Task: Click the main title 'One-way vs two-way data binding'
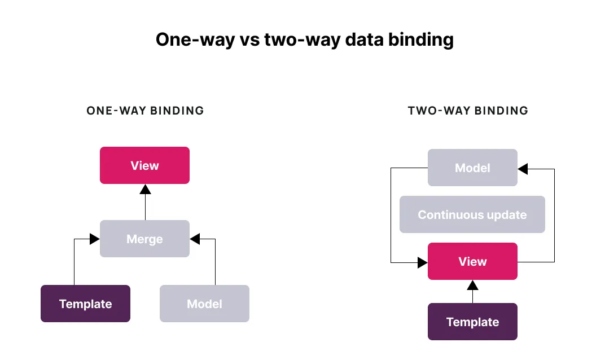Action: point(304,39)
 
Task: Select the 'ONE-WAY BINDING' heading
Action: point(145,111)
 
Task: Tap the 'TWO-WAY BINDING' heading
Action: point(468,111)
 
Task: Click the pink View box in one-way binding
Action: point(144,165)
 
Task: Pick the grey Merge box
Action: point(144,239)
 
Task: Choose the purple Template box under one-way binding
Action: point(85,303)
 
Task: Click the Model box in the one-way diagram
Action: point(204,303)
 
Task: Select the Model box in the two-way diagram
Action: point(473,168)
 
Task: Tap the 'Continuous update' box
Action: point(472,214)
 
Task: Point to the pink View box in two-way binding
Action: point(473,261)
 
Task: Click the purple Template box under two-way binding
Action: point(473,322)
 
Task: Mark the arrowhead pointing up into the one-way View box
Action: point(146,189)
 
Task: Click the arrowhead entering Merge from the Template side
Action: point(95,239)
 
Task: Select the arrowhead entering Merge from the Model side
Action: point(195,239)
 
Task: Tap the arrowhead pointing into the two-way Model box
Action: point(523,169)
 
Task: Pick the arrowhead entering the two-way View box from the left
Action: point(423,263)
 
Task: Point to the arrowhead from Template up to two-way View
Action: point(473,285)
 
